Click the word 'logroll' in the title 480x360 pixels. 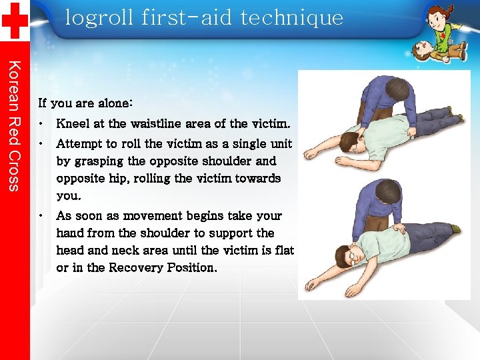[99, 17]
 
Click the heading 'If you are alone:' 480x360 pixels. [85, 103]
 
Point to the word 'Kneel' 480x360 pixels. [73, 123]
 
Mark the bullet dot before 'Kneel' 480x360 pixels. [41, 123]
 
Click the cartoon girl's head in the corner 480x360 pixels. [438, 17]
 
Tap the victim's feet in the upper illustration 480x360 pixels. [455, 121]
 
